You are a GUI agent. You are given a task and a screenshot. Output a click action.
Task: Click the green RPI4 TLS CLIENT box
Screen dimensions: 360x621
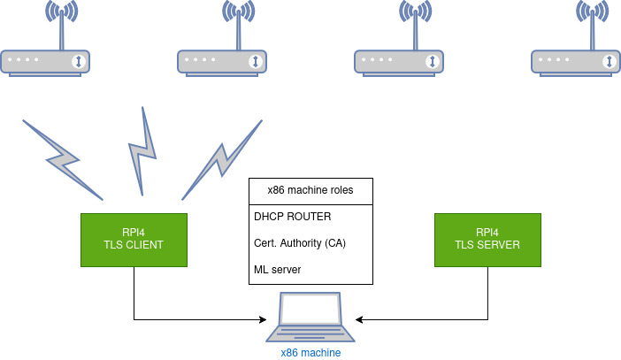[x=134, y=239]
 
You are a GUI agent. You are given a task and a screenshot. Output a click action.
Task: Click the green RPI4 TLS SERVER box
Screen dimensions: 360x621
[x=487, y=239]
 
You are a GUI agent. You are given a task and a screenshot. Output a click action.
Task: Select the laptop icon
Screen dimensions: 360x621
[x=310, y=318]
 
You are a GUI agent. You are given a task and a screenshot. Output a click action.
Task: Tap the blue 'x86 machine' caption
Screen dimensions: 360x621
[x=310, y=352]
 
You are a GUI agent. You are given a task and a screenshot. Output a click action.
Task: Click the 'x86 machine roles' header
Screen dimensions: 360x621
[x=310, y=190]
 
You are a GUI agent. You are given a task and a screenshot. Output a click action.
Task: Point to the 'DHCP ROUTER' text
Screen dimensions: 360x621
[x=293, y=216]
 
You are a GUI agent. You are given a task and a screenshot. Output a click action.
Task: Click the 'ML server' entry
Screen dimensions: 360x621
[x=277, y=269]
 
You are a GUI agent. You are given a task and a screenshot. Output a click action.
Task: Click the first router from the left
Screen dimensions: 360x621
[x=45, y=61]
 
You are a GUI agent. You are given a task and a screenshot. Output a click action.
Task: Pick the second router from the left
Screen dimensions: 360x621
[x=222, y=61]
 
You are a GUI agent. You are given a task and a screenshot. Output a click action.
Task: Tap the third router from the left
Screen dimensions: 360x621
[x=399, y=61]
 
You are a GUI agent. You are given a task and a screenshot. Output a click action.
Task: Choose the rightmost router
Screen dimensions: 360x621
[x=576, y=61]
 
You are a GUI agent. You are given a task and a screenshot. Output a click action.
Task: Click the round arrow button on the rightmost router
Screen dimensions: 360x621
[x=609, y=61]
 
